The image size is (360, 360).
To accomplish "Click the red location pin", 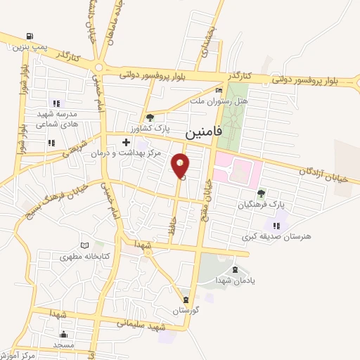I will tap(181, 166).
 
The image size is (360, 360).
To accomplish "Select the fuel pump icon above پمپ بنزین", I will tap(29, 37).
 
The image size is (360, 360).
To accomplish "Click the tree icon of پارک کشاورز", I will tap(149, 117).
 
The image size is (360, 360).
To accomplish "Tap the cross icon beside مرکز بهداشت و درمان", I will tap(126, 142).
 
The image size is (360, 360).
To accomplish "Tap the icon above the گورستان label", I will tap(186, 299).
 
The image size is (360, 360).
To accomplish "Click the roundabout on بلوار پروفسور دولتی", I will tap(98, 68).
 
